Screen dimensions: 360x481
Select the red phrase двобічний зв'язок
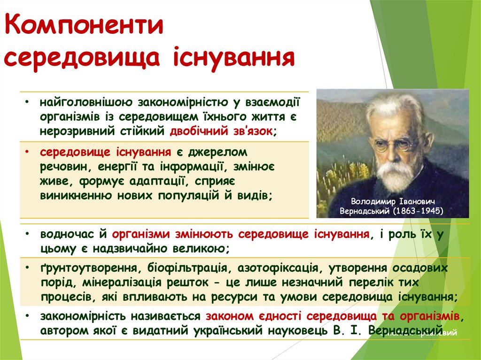click(221, 131)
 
